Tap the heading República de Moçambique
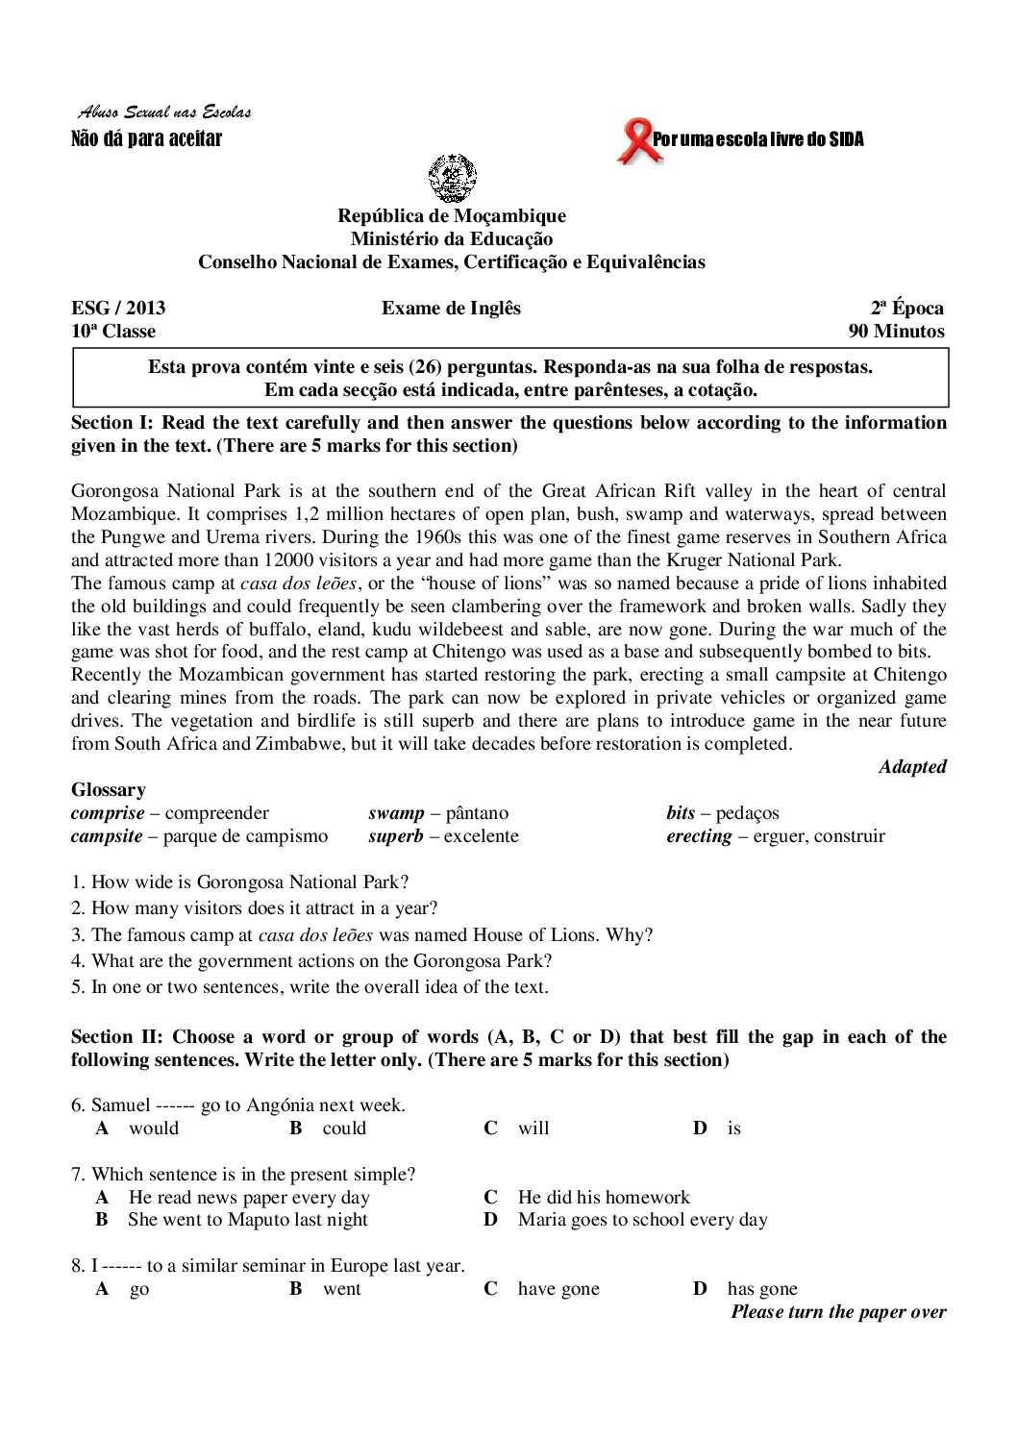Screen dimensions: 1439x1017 click(451, 216)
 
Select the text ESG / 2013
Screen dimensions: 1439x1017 click(118, 309)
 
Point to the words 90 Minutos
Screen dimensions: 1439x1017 click(896, 332)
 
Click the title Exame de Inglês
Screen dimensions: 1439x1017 click(451, 309)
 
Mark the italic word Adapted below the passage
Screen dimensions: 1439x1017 click(912, 767)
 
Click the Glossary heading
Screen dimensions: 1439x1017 click(109, 790)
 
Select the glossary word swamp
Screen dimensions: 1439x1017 click(396, 813)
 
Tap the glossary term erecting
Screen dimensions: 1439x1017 click(699, 836)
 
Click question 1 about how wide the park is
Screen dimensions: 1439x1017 click(240, 881)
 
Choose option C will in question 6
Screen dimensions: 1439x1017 click(533, 1129)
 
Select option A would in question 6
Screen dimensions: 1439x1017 click(153, 1129)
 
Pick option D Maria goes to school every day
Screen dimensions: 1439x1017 click(642, 1221)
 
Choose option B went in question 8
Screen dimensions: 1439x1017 click(341, 1290)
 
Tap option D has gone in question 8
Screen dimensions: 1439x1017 click(761, 1290)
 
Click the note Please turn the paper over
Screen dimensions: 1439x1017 click(838, 1313)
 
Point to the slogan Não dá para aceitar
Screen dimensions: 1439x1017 click(147, 140)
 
